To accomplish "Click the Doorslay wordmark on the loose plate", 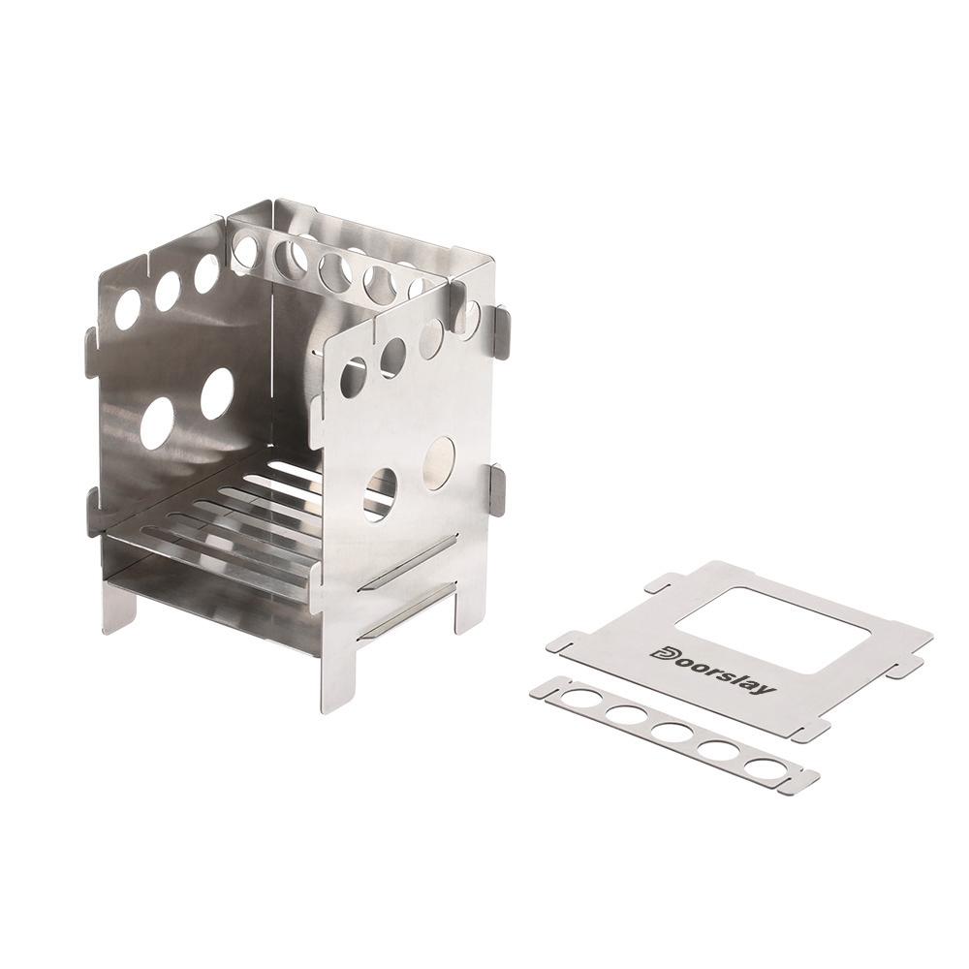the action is click(711, 672).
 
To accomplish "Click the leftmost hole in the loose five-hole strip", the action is click(579, 700).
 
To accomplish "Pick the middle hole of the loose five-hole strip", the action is click(672, 733).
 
